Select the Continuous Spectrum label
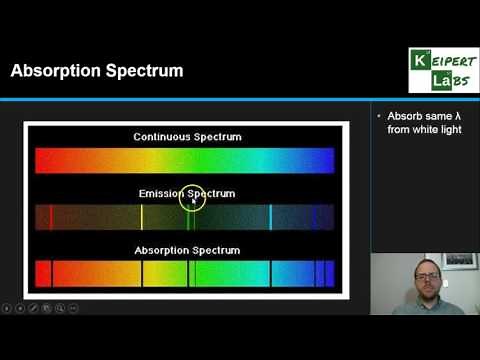click(183, 136)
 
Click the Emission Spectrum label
click(184, 192)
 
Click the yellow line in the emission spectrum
click(142, 217)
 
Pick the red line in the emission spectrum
click(51, 217)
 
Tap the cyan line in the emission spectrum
click(271, 217)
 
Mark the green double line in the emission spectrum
click(190, 217)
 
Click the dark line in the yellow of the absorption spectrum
click(142, 273)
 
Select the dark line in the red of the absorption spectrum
click(51, 273)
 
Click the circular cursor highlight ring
click(192, 199)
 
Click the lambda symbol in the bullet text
click(446, 116)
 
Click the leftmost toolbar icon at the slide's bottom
click(6, 308)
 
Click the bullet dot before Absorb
click(378, 116)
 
